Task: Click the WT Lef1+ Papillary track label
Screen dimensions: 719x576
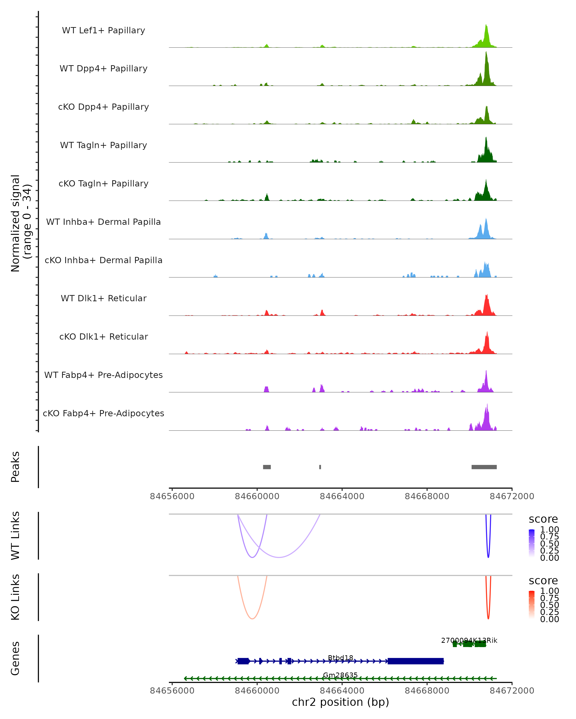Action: [x=103, y=30]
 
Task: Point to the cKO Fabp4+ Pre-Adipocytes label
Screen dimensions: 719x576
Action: [x=103, y=413]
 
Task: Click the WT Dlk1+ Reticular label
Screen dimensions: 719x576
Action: [x=103, y=298]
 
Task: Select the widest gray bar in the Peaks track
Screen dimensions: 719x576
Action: [x=484, y=467]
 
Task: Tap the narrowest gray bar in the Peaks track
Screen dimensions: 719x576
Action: [x=320, y=467]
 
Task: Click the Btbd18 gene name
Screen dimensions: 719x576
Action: [x=340, y=658]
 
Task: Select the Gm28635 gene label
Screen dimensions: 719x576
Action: [x=340, y=675]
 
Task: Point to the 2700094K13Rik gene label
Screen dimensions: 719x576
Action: [x=469, y=640]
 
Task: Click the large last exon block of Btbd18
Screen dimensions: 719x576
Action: [x=415, y=661]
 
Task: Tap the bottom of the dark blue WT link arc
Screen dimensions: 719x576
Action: [x=488, y=557]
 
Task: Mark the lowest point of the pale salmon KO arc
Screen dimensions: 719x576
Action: [x=252, y=619]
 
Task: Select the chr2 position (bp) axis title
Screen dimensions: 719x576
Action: [x=340, y=702]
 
